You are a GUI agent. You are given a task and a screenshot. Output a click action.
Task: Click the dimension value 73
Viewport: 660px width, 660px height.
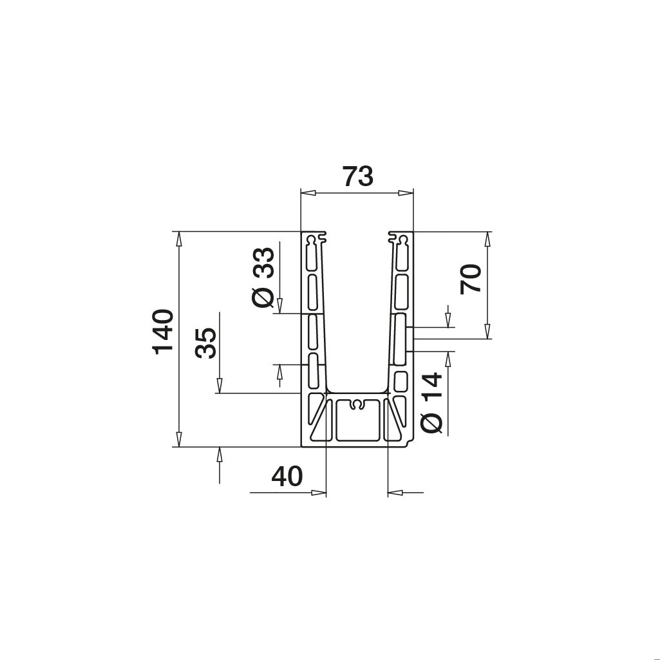(x=357, y=176)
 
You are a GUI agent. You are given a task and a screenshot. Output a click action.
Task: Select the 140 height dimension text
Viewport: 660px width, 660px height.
(x=163, y=331)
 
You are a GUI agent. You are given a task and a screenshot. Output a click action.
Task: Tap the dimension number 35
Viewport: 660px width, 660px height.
(x=205, y=343)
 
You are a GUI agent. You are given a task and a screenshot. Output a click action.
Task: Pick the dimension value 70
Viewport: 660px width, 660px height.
(x=471, y=278)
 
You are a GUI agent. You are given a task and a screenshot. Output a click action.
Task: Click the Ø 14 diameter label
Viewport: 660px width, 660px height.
(x=431, y=402)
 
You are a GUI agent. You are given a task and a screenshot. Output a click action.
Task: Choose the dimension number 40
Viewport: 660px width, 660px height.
(x=287, y=476)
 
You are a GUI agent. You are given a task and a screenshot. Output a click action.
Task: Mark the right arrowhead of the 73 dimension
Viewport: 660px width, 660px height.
(x=406, y=193)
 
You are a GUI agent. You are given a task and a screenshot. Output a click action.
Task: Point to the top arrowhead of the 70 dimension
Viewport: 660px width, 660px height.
(x=487, y=238)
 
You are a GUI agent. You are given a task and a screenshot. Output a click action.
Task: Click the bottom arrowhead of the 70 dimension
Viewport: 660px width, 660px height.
(x=487, y=332)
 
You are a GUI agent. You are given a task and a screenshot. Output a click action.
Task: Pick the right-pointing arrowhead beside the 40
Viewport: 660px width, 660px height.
(x=319, y=493)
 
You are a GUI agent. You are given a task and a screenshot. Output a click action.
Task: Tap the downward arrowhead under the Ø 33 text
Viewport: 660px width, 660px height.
(x=280, y=306)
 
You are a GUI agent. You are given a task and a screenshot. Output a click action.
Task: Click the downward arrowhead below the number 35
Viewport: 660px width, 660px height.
(x=219, y=386)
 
